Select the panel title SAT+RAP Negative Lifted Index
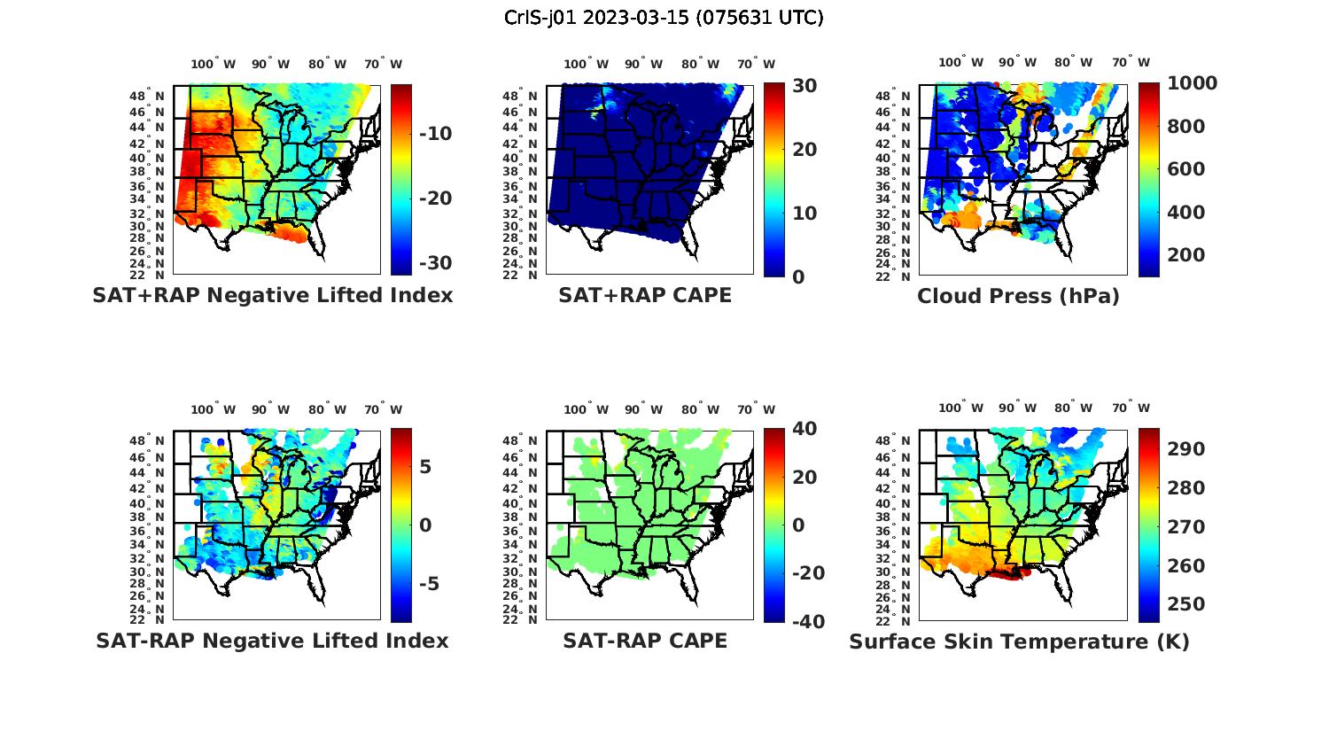point(272,295)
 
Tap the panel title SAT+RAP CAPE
point(644,295)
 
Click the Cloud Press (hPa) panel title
point(1018,296)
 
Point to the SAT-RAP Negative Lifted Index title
point(272,641)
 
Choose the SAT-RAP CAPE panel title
point(644,641)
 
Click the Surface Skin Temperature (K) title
point(1019,642)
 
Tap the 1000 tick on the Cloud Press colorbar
point(1192,83)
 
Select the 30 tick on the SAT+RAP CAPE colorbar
point(804,85)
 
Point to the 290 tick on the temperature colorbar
point(1186,449)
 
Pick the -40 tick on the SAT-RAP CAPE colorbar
point(807,621)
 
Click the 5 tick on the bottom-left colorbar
point(425,467)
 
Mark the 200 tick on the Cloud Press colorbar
point(1186,255)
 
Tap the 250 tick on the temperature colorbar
point(1186,604)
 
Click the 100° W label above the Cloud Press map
point(960,63)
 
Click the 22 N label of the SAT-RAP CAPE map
point(519,619)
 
